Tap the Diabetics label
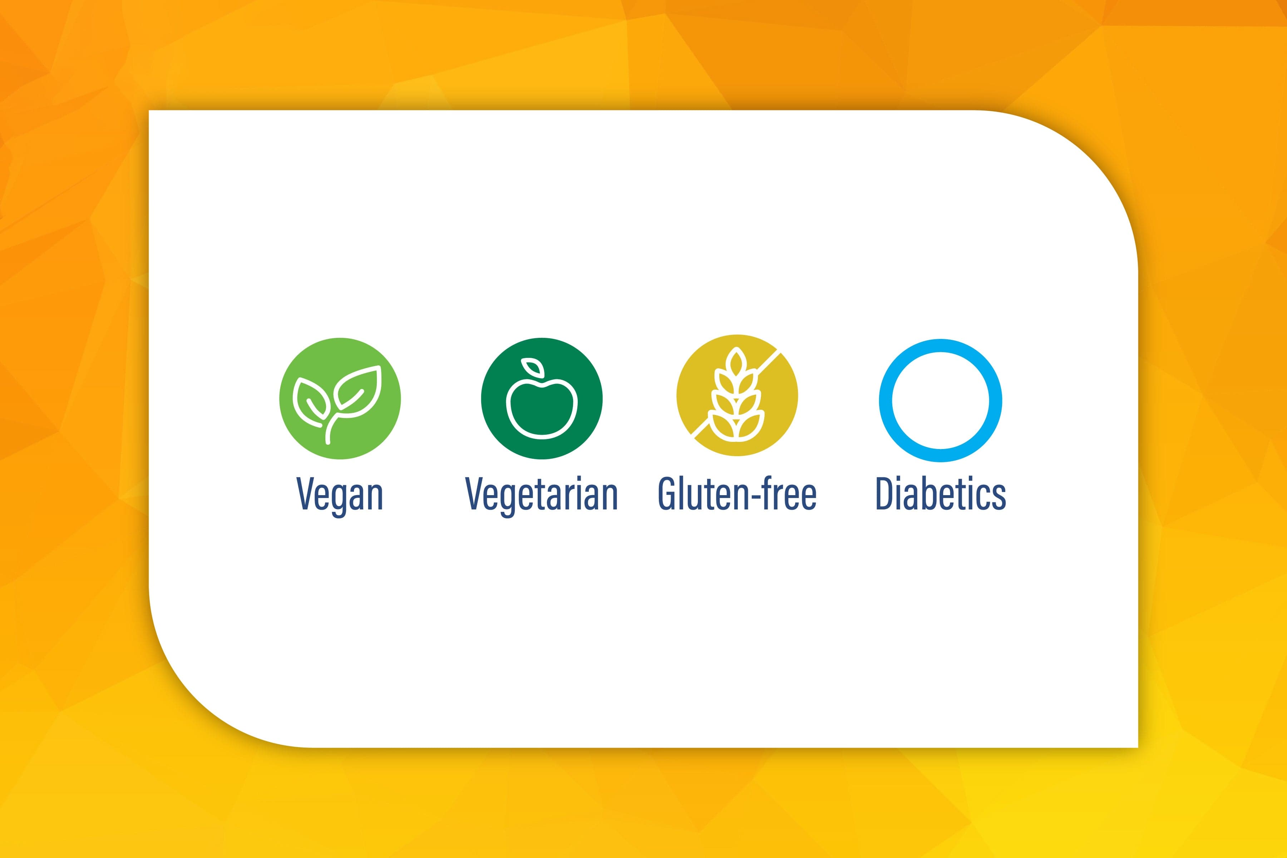point(941,494)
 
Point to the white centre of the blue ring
point(941,400)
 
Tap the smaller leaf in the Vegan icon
point(311,402)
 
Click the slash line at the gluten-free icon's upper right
point(768,362)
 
